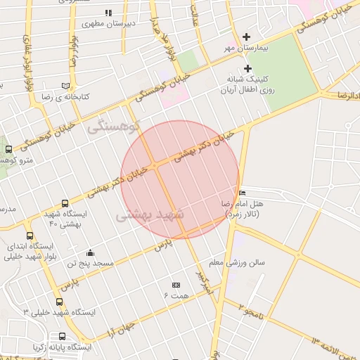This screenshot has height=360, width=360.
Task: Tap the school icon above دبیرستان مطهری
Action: tap(108, 13)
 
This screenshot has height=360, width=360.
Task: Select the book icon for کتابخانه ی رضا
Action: tap(65, 85)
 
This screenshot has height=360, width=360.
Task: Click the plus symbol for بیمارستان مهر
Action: tap(246, 37)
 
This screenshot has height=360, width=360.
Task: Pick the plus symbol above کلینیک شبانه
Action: tap(247, 68)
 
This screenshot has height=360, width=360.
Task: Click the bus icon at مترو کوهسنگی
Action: tap(8, 149)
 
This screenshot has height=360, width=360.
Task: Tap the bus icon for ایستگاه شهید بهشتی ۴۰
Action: tap(65, 203)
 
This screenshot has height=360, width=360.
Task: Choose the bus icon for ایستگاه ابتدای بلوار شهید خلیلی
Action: tap(30, 236)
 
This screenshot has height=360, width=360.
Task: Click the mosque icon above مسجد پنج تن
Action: tap(90, 253)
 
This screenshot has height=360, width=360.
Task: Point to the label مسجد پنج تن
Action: tap(90, 264)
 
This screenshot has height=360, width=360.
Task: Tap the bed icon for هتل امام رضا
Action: tap(243, 193)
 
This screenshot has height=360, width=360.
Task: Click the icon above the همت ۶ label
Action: tap(176, 285)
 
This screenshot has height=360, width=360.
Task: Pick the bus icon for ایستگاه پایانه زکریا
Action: tap(63, 336)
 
